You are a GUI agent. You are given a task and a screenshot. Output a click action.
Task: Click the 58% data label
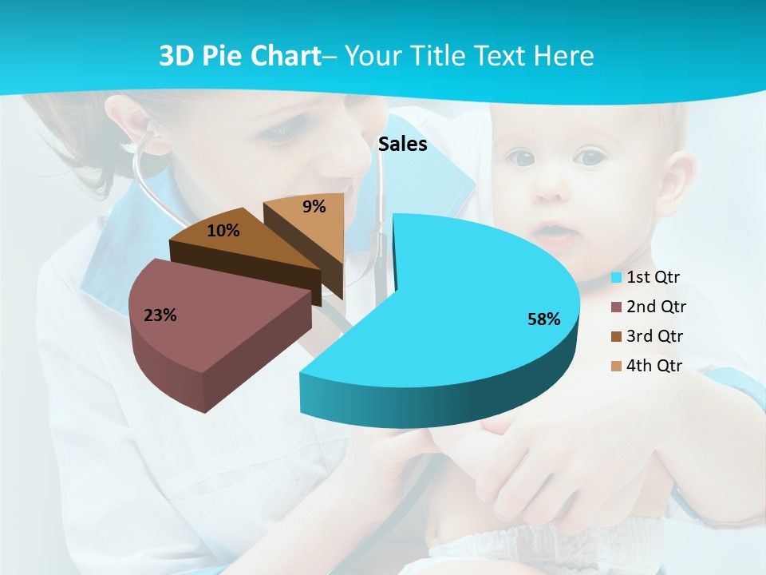(543, 319)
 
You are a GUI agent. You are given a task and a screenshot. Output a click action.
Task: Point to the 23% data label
(160, 315)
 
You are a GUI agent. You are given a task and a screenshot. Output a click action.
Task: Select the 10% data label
(223, 231)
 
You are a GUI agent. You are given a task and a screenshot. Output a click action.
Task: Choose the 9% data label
(314, 207)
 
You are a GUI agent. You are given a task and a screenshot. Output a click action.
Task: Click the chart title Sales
(402, 145)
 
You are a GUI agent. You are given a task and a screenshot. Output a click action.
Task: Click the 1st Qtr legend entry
(653, 277)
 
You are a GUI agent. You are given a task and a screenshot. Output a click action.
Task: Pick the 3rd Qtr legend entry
(655, 336)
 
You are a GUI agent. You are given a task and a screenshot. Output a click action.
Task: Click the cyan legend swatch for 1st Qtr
(616, 278)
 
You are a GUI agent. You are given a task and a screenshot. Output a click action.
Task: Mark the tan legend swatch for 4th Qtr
(616, 367)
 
